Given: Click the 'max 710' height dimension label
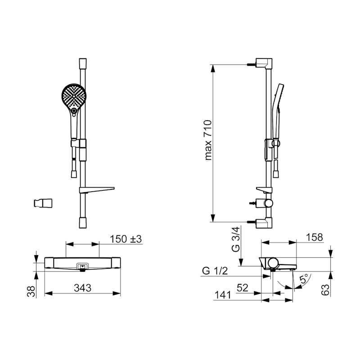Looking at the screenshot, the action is coord(208,140).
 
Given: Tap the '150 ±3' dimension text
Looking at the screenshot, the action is coord(126,239).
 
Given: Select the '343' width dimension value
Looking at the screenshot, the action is coord(83,288).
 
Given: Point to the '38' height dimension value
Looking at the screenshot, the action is coord(31,292).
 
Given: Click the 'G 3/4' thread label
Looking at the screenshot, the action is coord(236,239).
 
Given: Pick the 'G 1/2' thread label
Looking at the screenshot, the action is coord(215,271).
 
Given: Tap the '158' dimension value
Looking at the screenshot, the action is coord(314,238).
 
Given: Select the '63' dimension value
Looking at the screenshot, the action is coord(325,289).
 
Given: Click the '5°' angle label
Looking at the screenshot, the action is coord(304,279).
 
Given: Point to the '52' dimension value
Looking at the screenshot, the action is coord(243,288).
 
